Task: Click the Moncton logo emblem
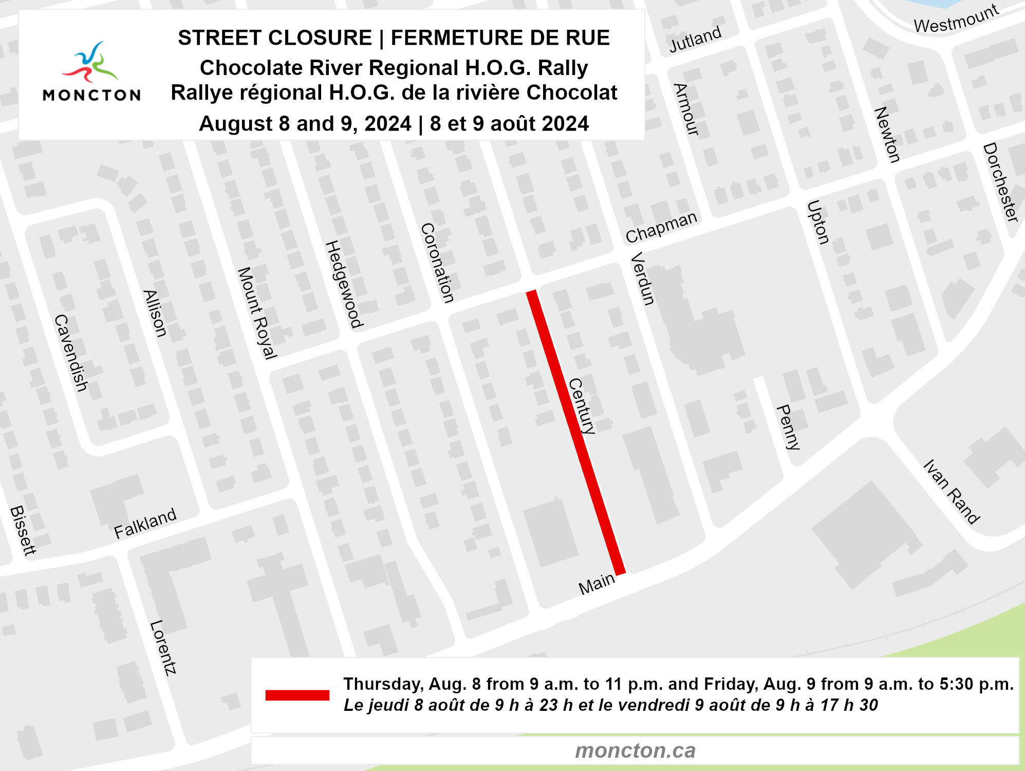pyautogui.click(x=91, y=62)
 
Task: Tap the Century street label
pyautogui.click(x=583, y=406)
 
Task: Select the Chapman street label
pyautogui.click(x=661, y=227)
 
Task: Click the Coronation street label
pyautogui.click(x=437, y=263)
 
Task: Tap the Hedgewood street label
pyautogui.click(x=344, y=284)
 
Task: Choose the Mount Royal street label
pyautogui.click(x=257, y=313)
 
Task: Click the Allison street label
pyautogui.click(x=155, y=314)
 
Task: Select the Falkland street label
pyautogui.click(x=145, y=523)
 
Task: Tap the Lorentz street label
pyautogui.click(x=163, y=647)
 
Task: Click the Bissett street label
pyautogui.click(x=23, y=530)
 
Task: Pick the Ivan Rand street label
pyautogui.click(x=951, y=491)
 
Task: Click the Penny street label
pyautogui.click(x=789, y=427)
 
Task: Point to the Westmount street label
pyautogui.click(x=956, y=19)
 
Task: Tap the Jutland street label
pyautogui.click(x=695, y=39)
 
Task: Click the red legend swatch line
pyautogui.click(x=297, y=695)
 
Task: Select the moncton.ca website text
pyautogui.click(x=635, y=750)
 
